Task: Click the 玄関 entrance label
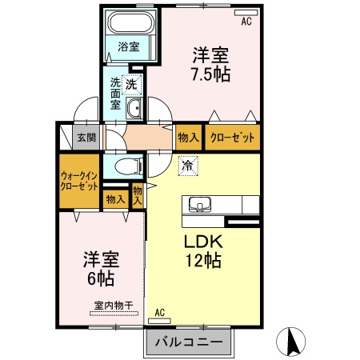[x=86, y=138]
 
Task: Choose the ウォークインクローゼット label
[x=79, y=179]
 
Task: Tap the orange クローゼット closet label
[x=233, y=138]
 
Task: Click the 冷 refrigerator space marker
[x=187, y=166]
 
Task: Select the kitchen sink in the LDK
[x=199, y=204]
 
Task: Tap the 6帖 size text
[x=100, y=279]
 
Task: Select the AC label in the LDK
[x=159, y=312]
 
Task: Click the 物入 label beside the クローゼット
[x=189, y=138]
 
